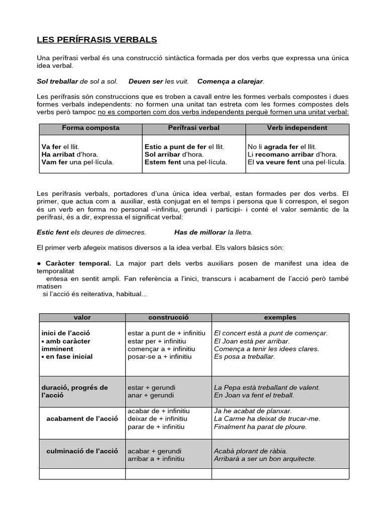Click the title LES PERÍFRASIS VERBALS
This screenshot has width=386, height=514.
(97, 39)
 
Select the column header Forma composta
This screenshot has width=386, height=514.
(90, 128)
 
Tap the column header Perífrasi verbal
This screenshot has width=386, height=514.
(194, 128)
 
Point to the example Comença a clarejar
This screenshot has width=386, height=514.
(231, 81)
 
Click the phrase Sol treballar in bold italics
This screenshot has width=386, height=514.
(57, 81)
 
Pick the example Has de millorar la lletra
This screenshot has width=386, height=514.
(213, 232)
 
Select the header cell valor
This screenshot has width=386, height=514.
(82, 318)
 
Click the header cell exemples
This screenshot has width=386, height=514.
(280, 318)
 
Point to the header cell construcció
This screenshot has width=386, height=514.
(168, 318)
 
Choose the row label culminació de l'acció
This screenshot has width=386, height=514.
(82, 451)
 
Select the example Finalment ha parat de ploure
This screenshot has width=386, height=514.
(260, 427)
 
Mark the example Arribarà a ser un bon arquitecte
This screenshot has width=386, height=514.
(265, 459)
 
